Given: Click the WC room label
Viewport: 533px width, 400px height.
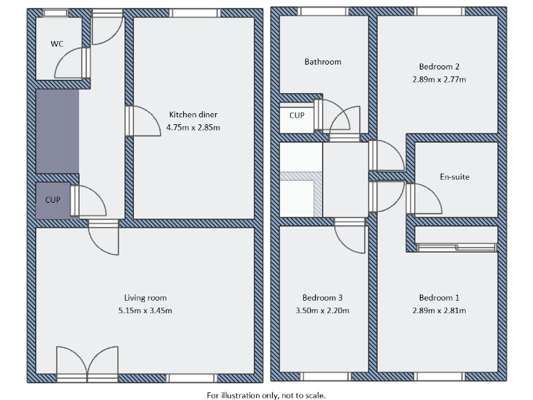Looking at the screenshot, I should (x=57, y=44).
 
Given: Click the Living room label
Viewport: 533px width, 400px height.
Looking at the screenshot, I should (x=145, y=298).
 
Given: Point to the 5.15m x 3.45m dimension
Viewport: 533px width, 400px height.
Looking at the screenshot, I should (x=145, y=310).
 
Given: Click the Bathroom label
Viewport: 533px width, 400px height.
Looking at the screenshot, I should (x=323, y=62).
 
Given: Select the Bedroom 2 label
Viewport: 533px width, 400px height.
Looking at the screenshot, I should (x=439, y=67).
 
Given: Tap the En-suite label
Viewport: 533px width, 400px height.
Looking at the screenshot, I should (x=455, y=176).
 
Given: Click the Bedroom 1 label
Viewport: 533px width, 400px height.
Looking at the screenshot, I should (x=439, y=298).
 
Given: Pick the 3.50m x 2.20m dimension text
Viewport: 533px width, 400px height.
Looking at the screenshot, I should (x=323, y=310).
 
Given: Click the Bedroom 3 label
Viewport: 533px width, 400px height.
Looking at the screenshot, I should (x=323, y=298).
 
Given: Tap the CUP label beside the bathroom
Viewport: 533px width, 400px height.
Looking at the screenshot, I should (x=297, y=116).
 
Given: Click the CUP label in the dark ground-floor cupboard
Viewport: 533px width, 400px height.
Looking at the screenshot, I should (x=53, y=200).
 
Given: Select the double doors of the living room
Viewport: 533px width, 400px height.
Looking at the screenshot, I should (x=87, y=362).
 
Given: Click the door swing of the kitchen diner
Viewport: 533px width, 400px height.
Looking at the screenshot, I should (x=144, y=122).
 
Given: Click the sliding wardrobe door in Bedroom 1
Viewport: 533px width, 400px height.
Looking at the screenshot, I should (x=456, y=247).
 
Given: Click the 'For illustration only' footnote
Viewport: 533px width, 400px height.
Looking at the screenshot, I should (x=266, y=394).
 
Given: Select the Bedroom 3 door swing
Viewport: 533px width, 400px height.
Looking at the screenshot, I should (x=351, y=240).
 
